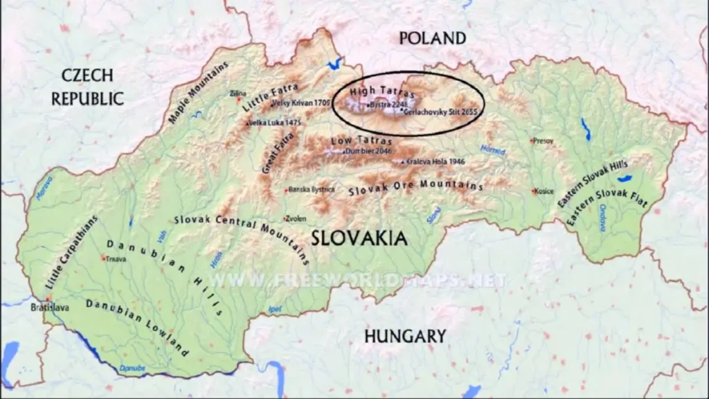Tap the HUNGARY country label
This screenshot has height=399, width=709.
coord(405,337)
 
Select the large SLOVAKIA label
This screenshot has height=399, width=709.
coord(359,238)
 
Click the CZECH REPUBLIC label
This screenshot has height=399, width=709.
coord(87,87)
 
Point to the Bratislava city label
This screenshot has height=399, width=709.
coord(50,307)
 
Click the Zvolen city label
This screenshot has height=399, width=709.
coord(296,218)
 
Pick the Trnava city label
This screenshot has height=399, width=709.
coord(116,259)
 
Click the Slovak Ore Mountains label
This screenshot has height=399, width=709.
coord(415,186)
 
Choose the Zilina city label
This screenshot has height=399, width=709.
coord(238,93)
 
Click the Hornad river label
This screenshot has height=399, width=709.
coord(494,149)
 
